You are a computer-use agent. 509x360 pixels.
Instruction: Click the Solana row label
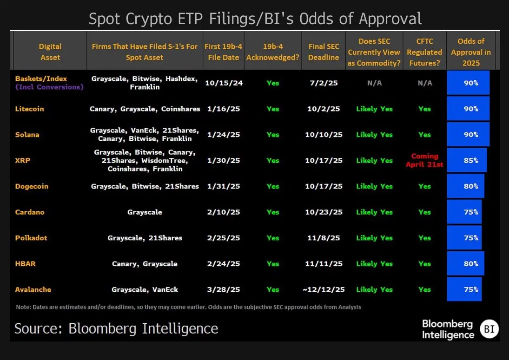coord(27,135)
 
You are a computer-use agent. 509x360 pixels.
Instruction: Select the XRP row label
coord(23,161)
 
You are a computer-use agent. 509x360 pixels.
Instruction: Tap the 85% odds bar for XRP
coord(467,161)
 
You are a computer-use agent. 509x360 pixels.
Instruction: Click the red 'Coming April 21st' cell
coord(424,160)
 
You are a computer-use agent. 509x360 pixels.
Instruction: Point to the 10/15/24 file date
coord(224,83)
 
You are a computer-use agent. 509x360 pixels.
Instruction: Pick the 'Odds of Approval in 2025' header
coord(470,52)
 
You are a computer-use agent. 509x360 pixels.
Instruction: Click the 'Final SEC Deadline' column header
coord(324,52)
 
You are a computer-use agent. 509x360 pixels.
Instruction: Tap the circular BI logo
coord(489,329)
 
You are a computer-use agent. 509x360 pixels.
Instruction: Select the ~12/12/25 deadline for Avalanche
coord(324,290)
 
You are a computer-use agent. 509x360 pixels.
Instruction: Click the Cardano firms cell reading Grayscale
coord(145,212)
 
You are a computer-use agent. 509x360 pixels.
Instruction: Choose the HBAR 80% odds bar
coord(465,264)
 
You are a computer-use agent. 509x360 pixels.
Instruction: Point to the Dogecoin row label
coord(32,187)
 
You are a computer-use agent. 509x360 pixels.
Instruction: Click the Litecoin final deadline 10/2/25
coord(324,109)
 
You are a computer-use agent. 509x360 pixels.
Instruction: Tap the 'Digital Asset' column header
coord(50,52)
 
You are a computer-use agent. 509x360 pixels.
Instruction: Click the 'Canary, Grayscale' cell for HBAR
coord(145,264)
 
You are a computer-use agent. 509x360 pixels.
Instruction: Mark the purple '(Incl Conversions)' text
coord(49,87)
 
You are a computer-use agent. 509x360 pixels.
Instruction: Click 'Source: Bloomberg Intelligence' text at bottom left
coord(116,328)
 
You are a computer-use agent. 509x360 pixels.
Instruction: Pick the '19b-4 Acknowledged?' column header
coord(272,52)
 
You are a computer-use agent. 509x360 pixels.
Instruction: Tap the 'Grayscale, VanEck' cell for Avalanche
coord(145,290)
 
